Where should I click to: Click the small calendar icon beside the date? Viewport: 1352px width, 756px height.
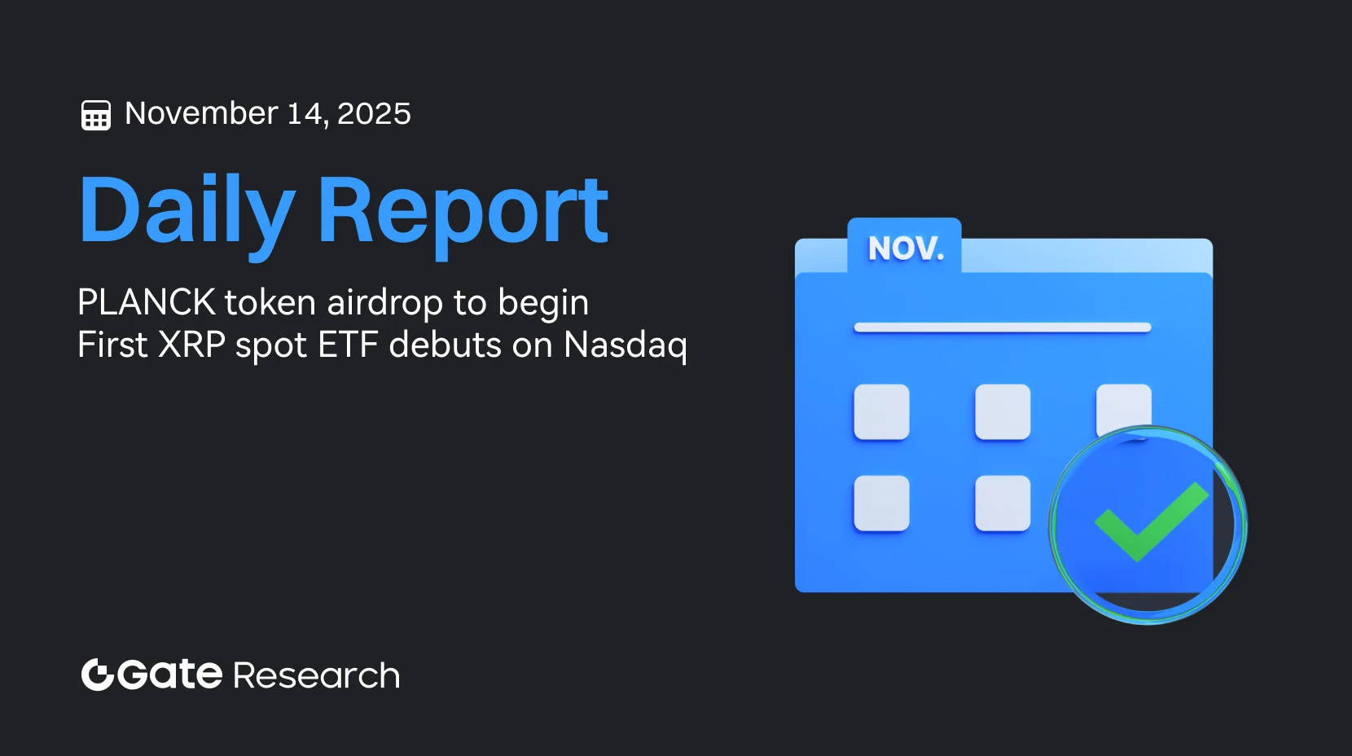click(96, 115)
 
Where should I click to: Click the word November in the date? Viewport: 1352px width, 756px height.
click(201, 113)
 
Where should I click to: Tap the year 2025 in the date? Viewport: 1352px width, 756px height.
click(374, 113)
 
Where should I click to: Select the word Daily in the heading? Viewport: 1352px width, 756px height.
click(187, 211)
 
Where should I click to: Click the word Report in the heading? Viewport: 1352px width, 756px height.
click(462, 211)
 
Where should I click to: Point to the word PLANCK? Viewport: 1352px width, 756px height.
click(147, 302)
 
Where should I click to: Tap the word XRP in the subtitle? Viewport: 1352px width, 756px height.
click(191, 345)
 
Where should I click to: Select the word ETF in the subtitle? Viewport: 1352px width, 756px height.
click(348, 345)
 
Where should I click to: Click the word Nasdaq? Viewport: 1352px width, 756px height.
click(625, 345)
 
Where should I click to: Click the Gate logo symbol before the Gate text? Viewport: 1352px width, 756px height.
click(97, 675)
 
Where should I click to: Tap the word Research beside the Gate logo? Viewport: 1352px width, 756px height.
click(316, 676)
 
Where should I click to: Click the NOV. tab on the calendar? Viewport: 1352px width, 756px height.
click(905, 247)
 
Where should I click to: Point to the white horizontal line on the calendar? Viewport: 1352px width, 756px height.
click(1002, 327)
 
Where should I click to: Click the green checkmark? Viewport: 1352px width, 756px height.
click(1149, 521)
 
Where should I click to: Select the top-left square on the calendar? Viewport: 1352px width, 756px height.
click(881, 412)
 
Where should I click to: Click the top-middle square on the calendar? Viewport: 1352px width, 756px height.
click(1003, 412)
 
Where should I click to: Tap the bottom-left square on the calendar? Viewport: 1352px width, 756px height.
click(881, 503)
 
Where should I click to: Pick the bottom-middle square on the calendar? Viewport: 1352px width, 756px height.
click(1003, 503)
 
